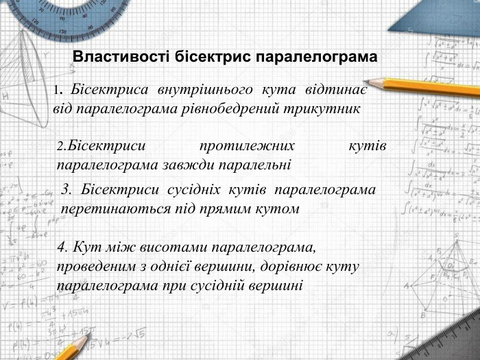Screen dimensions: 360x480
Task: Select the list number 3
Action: pyautogui.click(x=66, y=189)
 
